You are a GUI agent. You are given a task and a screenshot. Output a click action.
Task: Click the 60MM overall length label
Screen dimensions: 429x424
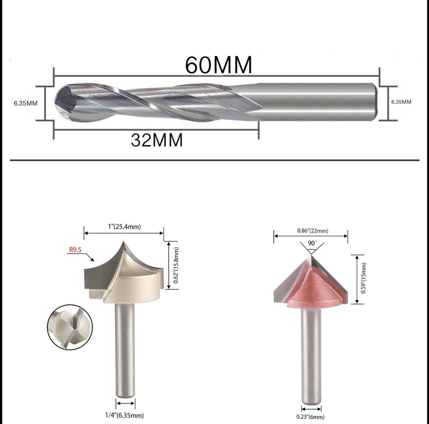click(218, 65)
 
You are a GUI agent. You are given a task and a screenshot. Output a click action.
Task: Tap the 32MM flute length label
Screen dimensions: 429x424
click(157, 140)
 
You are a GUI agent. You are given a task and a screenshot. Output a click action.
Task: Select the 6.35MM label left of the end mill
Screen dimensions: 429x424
click(26, 103)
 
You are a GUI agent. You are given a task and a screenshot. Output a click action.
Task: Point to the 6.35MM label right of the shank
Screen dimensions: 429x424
click(401, 102)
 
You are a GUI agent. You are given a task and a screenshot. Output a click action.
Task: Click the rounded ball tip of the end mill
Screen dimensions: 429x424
click(61, 102)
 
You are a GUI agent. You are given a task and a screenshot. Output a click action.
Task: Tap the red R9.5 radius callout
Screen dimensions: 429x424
click(75, 250)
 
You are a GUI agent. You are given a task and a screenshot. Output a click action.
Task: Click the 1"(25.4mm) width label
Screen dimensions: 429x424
click(124, 226)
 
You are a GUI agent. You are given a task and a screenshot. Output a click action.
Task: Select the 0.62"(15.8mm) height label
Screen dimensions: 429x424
click(176, 265)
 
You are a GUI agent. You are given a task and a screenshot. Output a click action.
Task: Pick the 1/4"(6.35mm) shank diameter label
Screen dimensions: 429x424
click(124, 415)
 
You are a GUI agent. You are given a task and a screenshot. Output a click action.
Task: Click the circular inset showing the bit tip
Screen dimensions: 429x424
click(70, 327)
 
